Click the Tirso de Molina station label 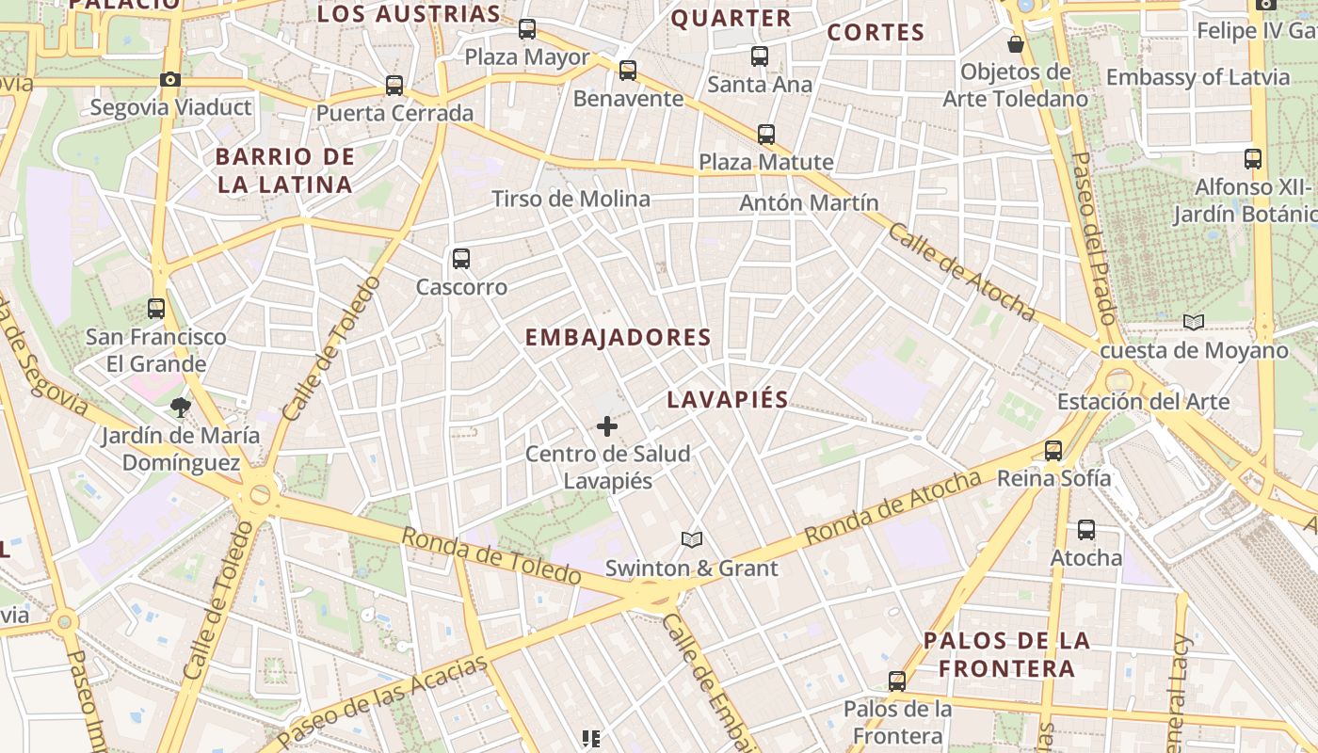571,199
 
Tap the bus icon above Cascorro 460,258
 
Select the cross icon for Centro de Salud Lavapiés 607,426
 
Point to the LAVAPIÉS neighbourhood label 727,399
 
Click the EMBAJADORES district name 618,337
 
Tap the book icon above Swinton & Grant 692,539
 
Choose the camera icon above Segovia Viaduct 170,79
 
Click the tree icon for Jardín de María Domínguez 180,408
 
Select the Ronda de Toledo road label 490,555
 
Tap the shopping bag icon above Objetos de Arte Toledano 1016,44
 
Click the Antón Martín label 809,202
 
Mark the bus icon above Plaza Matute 766,134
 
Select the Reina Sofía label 1053,478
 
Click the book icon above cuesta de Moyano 1194,323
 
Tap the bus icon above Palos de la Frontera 897,681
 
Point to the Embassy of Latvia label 1197,77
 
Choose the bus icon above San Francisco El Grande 156,308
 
